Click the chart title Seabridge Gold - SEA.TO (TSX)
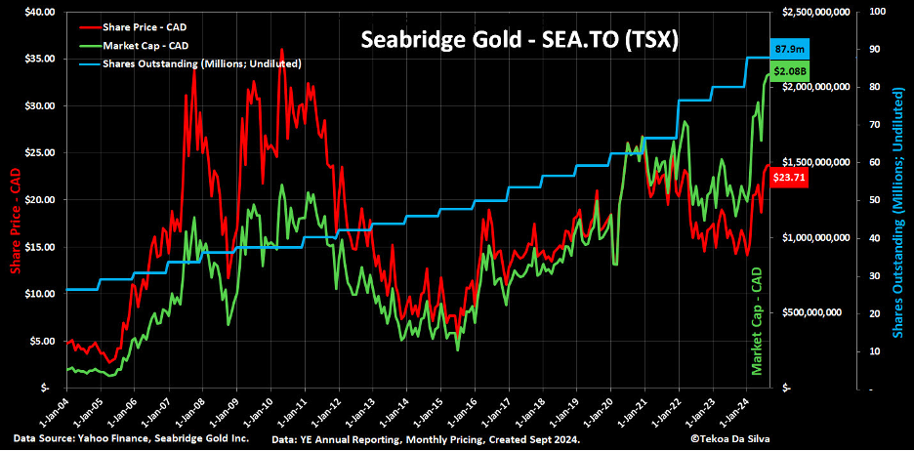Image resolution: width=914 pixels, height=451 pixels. [519, 40]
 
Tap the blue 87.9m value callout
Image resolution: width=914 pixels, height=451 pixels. [789, 48]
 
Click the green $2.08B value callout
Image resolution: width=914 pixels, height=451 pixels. [789, 71]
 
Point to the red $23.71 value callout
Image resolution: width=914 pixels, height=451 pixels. [789, 177]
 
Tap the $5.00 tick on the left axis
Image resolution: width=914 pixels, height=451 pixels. [42, 341]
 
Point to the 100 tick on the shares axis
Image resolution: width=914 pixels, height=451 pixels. [877, 12]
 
